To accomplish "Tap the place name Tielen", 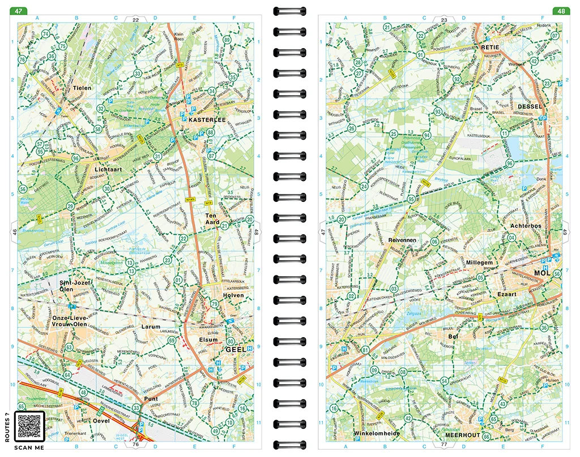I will [82, 88].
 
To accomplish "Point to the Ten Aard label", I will [211, 219].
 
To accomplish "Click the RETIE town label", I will [491, 48].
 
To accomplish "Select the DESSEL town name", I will [530, 106].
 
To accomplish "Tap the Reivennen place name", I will [402, 240].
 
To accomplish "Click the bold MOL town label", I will [541, 274].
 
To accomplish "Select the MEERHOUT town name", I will [463, 435].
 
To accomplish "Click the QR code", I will [29, 425].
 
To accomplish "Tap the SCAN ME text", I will [29, 448].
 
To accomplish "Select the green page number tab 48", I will [561, 11].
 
